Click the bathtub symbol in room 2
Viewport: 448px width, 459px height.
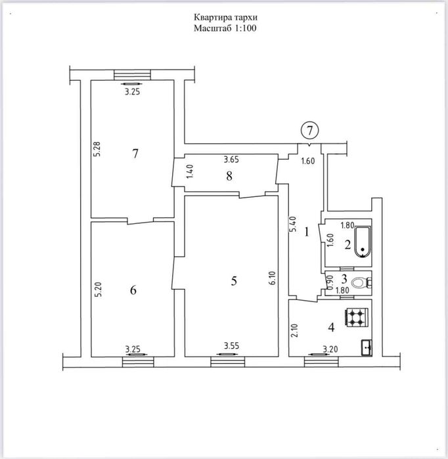pyautogui.click(x=363, y=242)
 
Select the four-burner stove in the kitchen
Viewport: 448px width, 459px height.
pyautogui.click(x=357, y=317)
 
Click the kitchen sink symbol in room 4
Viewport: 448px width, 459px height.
pyautogui.click(x=367, y=347)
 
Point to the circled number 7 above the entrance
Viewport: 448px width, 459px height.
pyautogui.click(x=309, y=131)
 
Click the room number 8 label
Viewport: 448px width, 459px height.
pyautogui.click(x=229, y=176)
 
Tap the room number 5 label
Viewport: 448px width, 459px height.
pyautogui.click(x=234, y=281)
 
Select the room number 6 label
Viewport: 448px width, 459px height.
pyautogui.click(x=133, y=290)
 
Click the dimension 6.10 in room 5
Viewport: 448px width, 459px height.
pyautogui.click(x=273, y=278)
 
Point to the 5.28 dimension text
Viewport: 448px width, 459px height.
pyautogui.click(x=97, y=149)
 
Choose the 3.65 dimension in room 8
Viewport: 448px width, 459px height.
pyautogui.click(x=231, y=160)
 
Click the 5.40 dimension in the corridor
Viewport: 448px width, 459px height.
pyautogui.click(x=292, y=224)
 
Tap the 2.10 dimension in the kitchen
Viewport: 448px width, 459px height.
pyautogui.click(x=294, y=330)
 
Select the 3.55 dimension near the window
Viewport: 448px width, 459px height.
pyautogui.click(x=232, y=346)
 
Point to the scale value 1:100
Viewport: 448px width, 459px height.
pyautogui.click(x=246, y=28)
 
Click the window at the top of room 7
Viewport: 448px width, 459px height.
pyautogui.click(x=132, y=75)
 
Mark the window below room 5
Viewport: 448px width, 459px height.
pyautogui.click(x=228, y=362)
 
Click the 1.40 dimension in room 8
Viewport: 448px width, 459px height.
pyautogui.click(x=190, y=172)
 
